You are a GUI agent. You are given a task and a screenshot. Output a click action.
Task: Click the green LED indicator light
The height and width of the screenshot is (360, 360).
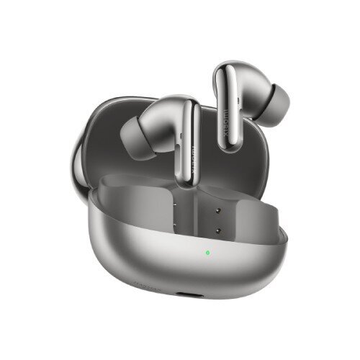207,253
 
